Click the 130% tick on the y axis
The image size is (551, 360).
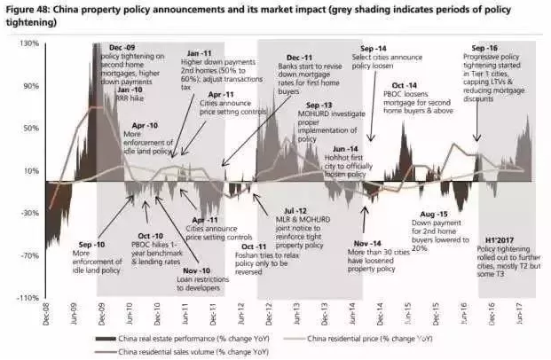tap(31, 44)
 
